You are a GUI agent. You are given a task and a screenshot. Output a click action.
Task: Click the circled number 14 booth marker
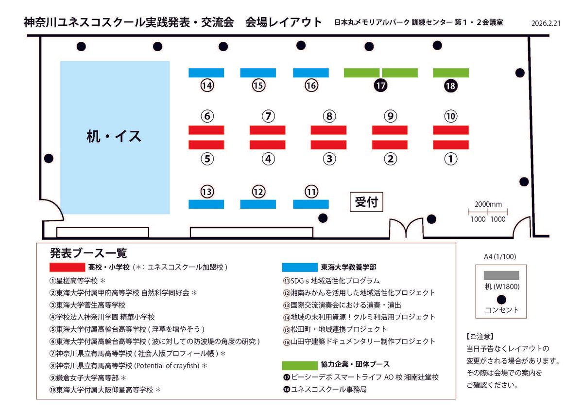pyautogui.click(x=207, y=86)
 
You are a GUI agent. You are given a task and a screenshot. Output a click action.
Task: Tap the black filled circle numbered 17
pyautogui.click(x=380, y=86)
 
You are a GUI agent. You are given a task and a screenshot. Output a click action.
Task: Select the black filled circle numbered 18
pyautogui.click(x=451, y=86)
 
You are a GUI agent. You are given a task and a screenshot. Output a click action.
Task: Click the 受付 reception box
pyautogui.click(x=366, y=202)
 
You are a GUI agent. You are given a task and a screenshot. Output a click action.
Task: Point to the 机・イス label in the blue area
pyautogui.click(x=114, y=136)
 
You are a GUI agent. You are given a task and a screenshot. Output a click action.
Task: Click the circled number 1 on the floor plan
pyautogui.click(x=451, y=159)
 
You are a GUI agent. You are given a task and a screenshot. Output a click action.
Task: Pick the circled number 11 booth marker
pyautogui.click(x=311, y=192)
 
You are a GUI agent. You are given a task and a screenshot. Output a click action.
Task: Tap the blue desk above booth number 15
pyautogui.click(x=258, y=72)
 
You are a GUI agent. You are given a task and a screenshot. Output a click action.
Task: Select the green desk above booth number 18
pyautogui.click(x=451, y=72)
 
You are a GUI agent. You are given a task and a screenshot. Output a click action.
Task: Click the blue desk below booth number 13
pyautogui.click(x=206, y=204)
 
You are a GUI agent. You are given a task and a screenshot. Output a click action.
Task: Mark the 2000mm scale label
pyautogui.click(x=488, y=204)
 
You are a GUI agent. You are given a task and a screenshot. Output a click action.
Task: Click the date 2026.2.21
pyautogui.click(x=546, y=23)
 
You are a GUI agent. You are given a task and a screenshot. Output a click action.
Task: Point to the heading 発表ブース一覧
pyautogui.click(x=88, y=253)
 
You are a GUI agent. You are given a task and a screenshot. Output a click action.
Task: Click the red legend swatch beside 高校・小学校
pyautogui.click(x=68, y=268)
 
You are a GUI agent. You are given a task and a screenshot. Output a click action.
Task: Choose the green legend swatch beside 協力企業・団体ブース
pyautogui.click(x=300, y=366)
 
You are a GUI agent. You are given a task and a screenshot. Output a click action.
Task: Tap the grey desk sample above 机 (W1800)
pyautogui.click(x=501, y=275)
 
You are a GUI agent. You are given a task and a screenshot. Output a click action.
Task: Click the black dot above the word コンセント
pyautogui.click(x=501, y=300)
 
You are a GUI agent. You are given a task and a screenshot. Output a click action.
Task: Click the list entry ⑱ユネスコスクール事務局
pyautogui.click(x=325, y=389)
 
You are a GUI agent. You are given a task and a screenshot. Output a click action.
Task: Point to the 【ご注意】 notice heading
pyautogui.click(x=480, y=337)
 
